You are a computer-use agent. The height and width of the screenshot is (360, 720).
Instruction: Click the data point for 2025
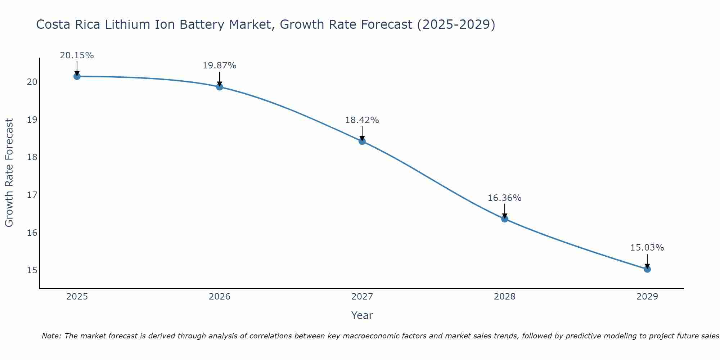tap(77, 76)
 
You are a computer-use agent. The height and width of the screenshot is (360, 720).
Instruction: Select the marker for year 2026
tap(220, 87)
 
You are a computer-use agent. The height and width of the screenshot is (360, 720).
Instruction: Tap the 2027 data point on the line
tap(362, 141)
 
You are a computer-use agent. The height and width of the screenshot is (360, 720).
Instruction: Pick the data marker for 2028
tap(505, 219)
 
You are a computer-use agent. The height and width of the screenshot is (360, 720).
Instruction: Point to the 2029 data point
tap(647, 269)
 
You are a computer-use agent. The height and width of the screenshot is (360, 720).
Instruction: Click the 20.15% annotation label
tap(77, 55)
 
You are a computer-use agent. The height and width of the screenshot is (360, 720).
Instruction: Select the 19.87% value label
tap(219, 66)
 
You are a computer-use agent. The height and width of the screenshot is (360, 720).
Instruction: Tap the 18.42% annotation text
tap(362, 120)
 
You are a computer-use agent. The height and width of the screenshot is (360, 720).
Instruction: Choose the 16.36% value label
tap(504, 198)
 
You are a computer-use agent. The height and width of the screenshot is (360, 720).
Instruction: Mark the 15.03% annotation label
tap(647, 248)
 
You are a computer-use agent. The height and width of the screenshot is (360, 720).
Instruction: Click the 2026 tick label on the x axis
tap(220, 297)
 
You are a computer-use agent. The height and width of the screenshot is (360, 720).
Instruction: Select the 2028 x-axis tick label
tap(505, 297)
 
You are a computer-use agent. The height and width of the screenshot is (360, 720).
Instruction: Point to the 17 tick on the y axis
tap(32, 195)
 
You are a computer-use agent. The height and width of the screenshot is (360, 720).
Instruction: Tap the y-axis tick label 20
tap(32, 82)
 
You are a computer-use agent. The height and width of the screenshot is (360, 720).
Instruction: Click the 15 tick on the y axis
tap(32, 270)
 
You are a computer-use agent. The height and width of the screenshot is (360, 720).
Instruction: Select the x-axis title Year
tap(362, 315)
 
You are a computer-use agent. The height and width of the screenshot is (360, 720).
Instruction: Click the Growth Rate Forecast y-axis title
tap(9, 173)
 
